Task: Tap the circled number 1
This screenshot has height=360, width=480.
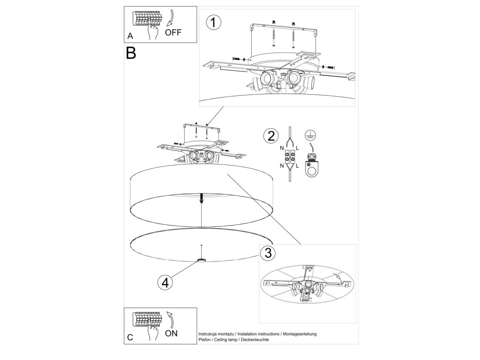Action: (x=214, y=22)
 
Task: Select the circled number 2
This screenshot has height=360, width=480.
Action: (x=270, y=136)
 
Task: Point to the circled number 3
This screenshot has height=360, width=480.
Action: (x=268, y=253)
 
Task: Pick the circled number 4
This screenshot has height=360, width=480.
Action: (x=164, y=282)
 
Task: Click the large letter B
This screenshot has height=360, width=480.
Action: (x=131, y=52)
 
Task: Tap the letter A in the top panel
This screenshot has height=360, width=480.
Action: (x=130, y=36)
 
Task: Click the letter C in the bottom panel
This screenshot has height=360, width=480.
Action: (x=130, y=337)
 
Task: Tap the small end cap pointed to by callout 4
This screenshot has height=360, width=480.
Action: (x=202, y=260)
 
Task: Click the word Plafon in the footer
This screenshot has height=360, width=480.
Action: (x=206, y=339)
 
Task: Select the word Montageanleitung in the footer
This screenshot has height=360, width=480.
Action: (x=300, y=333)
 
